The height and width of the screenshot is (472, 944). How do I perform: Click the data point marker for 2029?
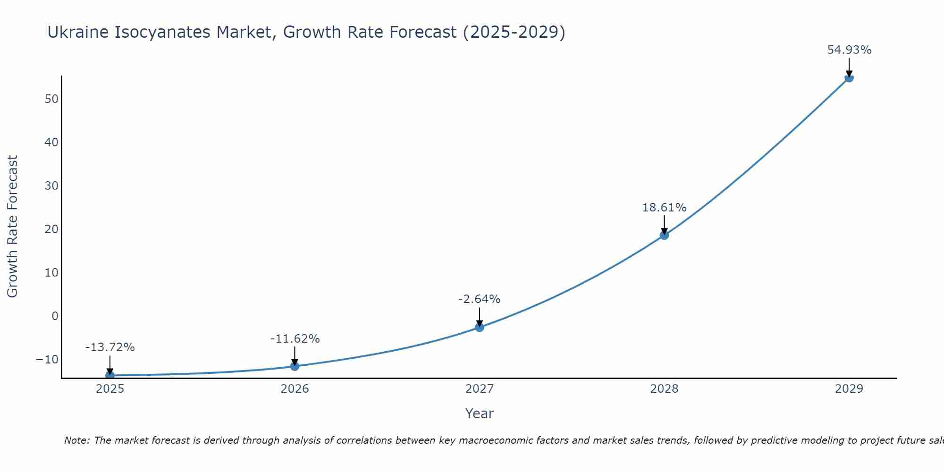(x=849, y=77)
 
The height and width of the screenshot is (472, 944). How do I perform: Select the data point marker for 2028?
(x=664, y=235)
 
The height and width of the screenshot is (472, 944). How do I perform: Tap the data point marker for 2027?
(x=480, y=327)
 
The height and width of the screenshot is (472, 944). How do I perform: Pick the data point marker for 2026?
(x=295, y=366)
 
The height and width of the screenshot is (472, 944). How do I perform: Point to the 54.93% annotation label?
(x=849, y=50)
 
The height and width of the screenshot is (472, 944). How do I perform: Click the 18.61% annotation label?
(x=664, y=208)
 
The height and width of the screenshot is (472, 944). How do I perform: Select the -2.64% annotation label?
(x=479, y=299)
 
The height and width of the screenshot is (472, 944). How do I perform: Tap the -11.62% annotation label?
(x=295, y=339)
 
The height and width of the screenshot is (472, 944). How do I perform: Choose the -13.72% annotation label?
(x=110, y=347)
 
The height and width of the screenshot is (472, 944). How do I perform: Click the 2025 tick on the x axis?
(x=110, y=389)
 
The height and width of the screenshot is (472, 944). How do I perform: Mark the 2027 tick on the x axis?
(x=480, y=389)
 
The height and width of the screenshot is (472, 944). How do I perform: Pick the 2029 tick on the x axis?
(x=849, y=389)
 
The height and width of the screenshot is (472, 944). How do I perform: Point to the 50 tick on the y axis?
(x=51, y=99)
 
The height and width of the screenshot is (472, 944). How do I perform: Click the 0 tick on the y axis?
(x=55, y=316)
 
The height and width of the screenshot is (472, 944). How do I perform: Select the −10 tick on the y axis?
(x=47, y=360)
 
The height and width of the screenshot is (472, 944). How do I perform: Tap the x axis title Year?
(x=479, y=413)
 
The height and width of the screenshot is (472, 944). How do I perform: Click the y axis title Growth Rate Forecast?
(x=12, y=227)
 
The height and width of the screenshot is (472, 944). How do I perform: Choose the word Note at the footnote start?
(x=76, y=440)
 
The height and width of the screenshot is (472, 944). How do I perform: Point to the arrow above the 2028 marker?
(x=664, y=224)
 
